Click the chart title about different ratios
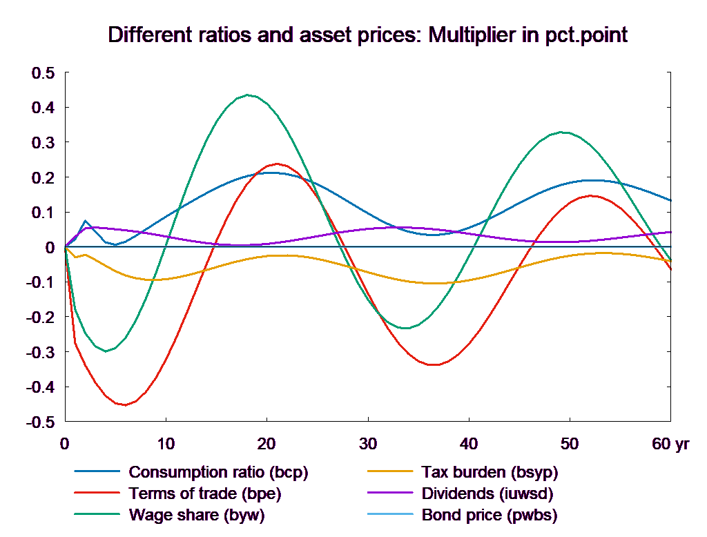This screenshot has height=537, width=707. (x=367, y=36)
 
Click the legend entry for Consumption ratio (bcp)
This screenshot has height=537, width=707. (x=218, y=473)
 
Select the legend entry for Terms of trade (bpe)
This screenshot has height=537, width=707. (x=205, y=494)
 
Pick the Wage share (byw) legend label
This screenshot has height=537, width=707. (x=197, y=515)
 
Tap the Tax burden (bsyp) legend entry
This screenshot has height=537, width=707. (x=489, y=473)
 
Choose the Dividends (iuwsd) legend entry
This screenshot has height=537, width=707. (x=487, y=494)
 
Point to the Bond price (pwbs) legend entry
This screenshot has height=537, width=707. (x=489, y=515)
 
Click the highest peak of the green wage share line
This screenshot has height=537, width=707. (x=247, y=95)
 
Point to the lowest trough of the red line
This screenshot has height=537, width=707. (x=125, y=405)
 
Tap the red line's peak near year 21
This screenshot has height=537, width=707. (x=278, y=164)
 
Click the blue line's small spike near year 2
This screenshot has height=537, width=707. (x=86, y=221)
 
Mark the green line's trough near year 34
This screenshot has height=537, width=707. (x=406, y=329)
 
